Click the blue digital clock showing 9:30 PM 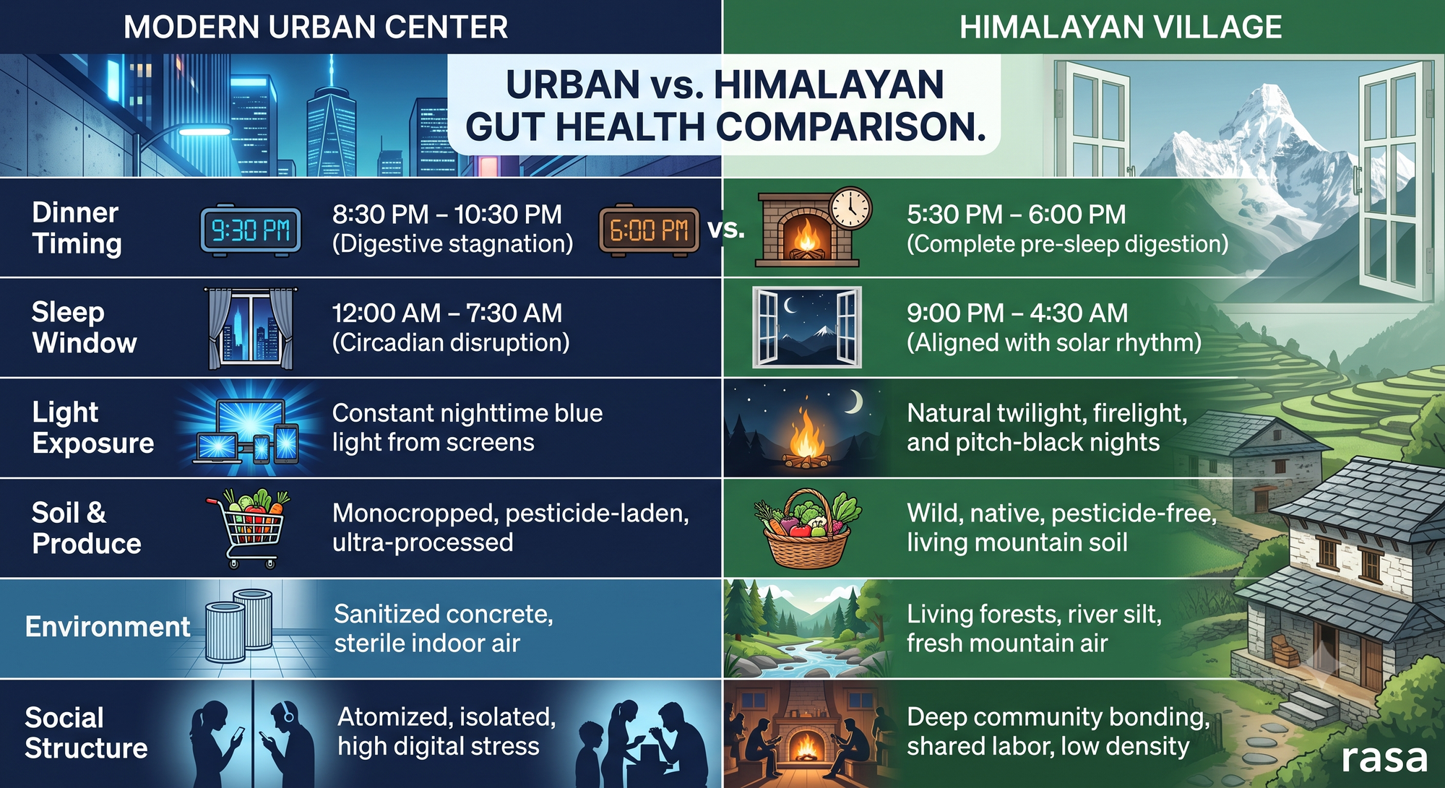pos(251,230)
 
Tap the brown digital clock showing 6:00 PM pos(649,230)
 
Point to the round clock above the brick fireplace pos(850,209)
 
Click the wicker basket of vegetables pos(807,529)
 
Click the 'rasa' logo pos(1384,758)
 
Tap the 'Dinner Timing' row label pos(77,228)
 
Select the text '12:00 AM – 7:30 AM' pos(447,313)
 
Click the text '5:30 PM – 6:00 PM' pos(1016,215)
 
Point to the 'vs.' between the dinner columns pos(725,229)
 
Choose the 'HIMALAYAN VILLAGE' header pos(1121,27)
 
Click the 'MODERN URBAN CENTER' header pos(316,27)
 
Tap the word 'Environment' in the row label pos(108,627)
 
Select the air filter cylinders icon pos(239,625)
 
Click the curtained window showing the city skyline pos(251,328)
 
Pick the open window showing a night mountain pos(807,327)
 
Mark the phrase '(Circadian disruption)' pos(451,342)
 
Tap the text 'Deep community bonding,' pos(1058,716)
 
